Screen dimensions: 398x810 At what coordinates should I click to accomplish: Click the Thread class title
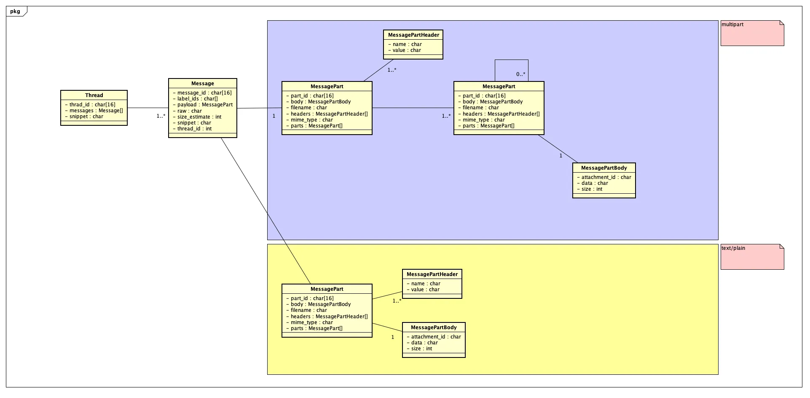click(94, 95)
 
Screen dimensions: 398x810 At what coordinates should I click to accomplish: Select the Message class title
click(203, 84)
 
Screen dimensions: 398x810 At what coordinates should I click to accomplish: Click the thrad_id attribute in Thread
click(92, 105)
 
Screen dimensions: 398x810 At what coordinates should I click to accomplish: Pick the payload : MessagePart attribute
click(205, 105)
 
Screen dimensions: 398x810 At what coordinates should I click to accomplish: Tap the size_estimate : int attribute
click(199, 117)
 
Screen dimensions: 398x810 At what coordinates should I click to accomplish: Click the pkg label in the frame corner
click(15, 11)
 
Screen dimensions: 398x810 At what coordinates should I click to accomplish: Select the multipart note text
click(732, 24)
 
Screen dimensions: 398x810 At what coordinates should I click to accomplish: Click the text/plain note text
click(733, 248)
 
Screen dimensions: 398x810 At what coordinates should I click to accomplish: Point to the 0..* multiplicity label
click(521, 74)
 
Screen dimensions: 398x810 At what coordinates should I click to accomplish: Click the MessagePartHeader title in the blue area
click(413, 35)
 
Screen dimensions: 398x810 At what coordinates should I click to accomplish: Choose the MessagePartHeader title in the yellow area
click(432, 274)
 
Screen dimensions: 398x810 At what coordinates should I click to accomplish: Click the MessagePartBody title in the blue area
click(604, 168)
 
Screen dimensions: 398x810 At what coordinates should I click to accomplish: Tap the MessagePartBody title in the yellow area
click(434, 328)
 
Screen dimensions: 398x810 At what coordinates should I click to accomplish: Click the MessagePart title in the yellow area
click(327, 289)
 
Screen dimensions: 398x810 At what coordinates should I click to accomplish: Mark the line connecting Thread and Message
click(148, 108)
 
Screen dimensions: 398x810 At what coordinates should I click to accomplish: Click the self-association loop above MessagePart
click(512, 60)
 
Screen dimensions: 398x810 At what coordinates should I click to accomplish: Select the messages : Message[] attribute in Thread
click(96, 111)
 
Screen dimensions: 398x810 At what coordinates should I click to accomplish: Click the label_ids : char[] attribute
click(197, 99)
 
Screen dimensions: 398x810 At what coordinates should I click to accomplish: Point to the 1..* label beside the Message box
click(161, 116)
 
